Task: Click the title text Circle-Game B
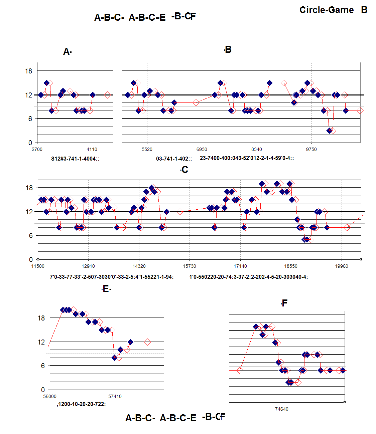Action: [333, 10]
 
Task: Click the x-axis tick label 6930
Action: [202, 149]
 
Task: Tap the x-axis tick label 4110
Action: [92, 149]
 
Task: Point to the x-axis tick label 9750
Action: [311, 149]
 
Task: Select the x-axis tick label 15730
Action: [190, 266]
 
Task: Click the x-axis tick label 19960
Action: [341, 266]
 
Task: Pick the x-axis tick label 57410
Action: [115, 396]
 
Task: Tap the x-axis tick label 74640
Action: [281, 409]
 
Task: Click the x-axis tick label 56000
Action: [50, 396]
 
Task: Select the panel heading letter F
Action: [284, 303]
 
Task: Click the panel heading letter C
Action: [184, 170]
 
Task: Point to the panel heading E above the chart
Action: [106, 289]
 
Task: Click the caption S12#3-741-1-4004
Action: [75, 159]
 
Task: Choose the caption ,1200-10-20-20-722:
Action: [81, 404]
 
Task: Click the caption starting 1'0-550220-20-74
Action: [248, 277]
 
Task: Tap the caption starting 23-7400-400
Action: [247, 158]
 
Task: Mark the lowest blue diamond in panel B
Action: [330, 131]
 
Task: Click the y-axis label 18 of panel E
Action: [41, 318]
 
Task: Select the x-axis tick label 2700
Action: [37, 149]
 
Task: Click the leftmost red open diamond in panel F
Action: [240, 370]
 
